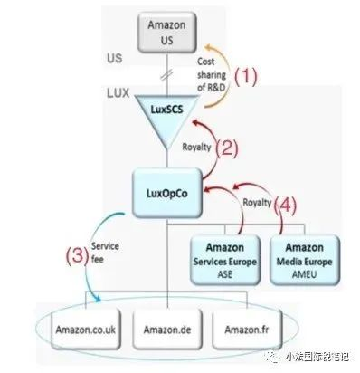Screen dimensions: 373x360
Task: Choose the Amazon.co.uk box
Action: point(81,325)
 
